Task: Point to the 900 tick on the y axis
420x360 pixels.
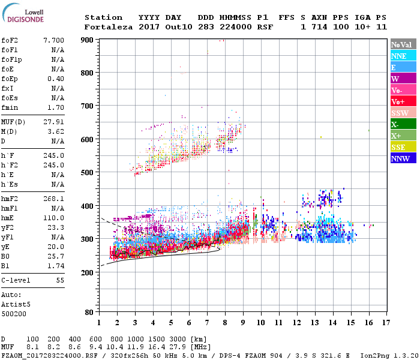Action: click(x=87, y=40)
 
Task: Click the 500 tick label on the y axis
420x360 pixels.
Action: click(x=87, y=173)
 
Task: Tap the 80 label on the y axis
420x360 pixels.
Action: click(x=89, y=313)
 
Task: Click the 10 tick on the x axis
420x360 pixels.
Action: click(x=261, y=322)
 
